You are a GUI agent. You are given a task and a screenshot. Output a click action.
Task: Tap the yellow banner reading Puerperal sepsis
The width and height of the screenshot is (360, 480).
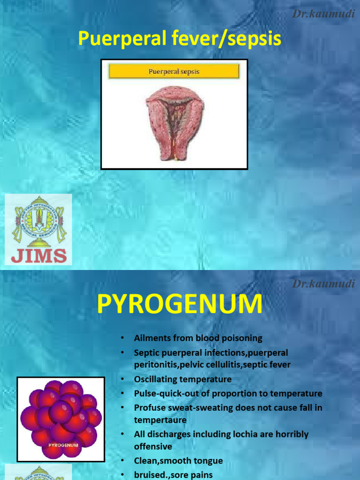[174, 72]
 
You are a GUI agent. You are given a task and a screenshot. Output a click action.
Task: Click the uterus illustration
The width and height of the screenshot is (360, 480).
[174, 124]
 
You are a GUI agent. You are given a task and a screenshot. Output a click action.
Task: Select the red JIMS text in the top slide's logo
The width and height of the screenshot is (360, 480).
[38, 256]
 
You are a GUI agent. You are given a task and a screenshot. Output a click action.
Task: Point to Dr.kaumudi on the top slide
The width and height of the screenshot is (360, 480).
[323, 14]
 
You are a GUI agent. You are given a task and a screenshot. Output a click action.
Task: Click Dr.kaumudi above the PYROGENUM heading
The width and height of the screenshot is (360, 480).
[323, 283]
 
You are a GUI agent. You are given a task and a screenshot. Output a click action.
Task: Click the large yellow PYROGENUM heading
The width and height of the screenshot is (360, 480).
[180, 305]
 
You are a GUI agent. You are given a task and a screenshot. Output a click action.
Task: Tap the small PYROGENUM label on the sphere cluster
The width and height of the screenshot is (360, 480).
[63, 444]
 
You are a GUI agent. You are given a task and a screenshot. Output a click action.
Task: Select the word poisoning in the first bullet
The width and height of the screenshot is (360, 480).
[240, 338]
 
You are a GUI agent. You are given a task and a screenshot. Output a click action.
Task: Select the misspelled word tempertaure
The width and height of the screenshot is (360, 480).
[160, 420]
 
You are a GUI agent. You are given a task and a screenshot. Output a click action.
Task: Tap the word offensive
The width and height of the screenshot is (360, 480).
[153, 447]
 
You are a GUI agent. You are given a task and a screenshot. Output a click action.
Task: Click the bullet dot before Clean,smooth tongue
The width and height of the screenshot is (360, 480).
[121, 461]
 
